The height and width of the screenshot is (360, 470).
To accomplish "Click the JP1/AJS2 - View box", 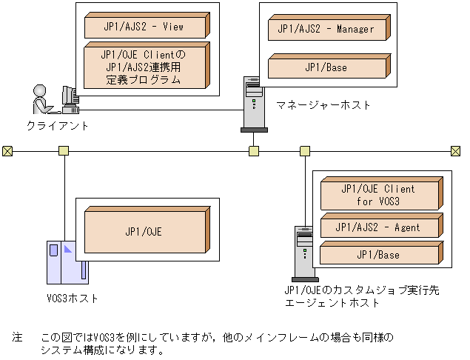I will [x=144, y=27].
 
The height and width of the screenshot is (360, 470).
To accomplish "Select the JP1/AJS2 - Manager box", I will [x=326, y=30].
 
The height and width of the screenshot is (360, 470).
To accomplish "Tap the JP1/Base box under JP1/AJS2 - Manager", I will [x=326, y=67].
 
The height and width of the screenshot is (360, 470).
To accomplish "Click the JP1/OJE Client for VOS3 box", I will [x=378, y=195].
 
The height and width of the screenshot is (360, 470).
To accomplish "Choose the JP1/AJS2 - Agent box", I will [x=378, y=227].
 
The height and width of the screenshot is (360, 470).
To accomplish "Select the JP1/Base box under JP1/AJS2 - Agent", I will [x=378, y=256].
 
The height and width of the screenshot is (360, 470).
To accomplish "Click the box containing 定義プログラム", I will [x=144, y=67].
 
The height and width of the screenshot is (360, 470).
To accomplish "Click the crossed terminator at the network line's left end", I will [x=7, y=151].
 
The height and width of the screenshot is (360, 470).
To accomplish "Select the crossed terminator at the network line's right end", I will [x=455, y=151].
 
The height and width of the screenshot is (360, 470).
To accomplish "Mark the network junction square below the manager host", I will [x=253, y=151].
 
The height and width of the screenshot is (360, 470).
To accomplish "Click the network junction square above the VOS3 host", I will [x=64, y=151].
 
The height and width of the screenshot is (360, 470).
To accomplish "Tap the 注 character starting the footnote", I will [x=17, y=337].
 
